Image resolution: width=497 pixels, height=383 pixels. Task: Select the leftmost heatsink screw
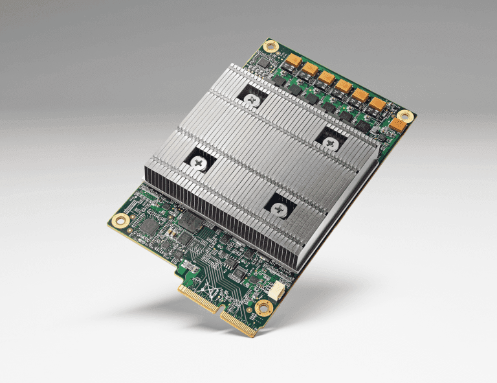(198, 163)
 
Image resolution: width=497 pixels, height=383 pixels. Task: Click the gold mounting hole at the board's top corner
(271, 47)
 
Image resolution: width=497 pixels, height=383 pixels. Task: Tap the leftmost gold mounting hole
(118, 220)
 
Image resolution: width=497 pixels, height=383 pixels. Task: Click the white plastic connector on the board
(276, 290)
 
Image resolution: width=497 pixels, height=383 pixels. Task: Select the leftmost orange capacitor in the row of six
(293, 60)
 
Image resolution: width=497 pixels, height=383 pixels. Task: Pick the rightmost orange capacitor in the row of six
(377, 103)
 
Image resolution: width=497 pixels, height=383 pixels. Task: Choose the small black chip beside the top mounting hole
(261, 62)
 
